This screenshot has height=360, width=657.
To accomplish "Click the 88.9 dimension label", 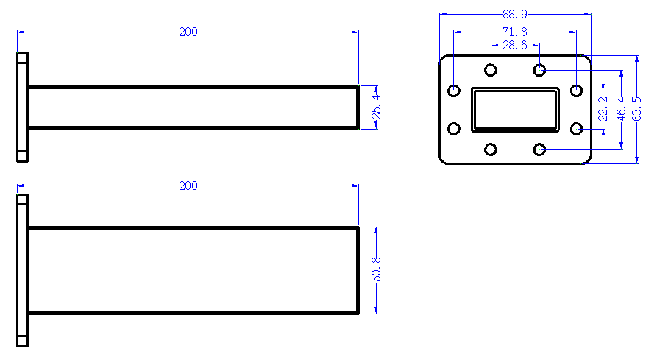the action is tap(515, 14).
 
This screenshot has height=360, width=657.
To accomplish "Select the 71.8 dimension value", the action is tap(515, 32).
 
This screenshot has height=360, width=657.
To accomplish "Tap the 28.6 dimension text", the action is tap(515, 45).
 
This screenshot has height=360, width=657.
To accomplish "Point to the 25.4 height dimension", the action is tap(377, 107).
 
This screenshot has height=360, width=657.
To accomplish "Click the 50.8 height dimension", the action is tap(376, 269).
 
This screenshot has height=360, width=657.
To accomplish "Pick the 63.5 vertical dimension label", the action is tap(637, 108).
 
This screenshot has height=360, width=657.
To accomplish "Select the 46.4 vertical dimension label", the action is tap(622, 108).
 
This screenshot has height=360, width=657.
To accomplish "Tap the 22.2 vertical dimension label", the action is tap(603, 108).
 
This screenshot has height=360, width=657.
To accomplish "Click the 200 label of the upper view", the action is tap(188, 32).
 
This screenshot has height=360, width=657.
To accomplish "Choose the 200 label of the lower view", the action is tap(188, 186).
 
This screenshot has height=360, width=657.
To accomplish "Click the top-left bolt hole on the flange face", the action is tap(491, 69).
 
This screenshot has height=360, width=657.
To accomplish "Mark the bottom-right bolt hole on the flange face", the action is tap(539, 149).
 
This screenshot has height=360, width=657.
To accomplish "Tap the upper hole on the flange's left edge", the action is tap(454, 90).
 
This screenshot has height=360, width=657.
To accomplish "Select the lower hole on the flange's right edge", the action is tap(577, 128).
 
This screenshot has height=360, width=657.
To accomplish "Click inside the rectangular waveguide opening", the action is tap(516, 110).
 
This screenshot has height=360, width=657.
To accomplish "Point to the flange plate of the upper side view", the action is tap(22, 107).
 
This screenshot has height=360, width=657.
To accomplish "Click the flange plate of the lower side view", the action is tap(22, 270).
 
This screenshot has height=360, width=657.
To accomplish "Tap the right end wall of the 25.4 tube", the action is tap(358, 107).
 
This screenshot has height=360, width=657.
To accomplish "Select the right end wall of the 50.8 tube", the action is tap(358, 270).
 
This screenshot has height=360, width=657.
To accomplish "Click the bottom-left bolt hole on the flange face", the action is tap(491, 149).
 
